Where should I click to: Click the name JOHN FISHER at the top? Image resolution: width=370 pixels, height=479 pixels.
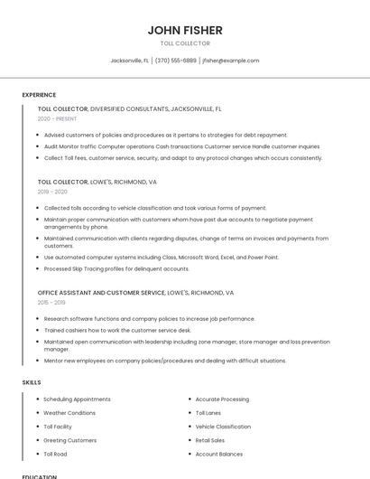pyautogui.click(x=185, y=31)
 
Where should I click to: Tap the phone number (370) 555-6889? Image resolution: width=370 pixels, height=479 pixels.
pyautogui.click(x=175, y=61)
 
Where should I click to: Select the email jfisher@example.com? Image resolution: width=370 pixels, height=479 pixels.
pyautogui.click(x=230, y=61)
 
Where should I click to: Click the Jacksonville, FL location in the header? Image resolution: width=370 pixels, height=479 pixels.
pyautogui.click(x=129, y=61)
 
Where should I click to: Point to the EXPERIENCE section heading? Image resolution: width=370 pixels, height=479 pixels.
pyautogui.click(x=39, y=95)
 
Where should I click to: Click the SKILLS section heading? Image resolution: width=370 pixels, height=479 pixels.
pyautogui.click(x=32, y=382)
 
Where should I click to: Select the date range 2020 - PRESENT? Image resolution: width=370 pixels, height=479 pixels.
pyautogui.click(x=57, y=118)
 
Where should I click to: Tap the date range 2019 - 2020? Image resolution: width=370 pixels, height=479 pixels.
pyautogui.click(x=52, y=192)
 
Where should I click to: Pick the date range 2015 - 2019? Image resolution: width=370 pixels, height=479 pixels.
pyautogui.click(x=52, y=303)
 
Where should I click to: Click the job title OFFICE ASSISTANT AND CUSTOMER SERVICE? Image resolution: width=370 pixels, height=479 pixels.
pyautogui.click(x=101, y=293)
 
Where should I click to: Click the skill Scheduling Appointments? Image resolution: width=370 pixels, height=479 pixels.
pyautogui.click(x=77, y=399)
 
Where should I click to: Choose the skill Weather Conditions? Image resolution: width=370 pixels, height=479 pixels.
pyautogui.click(x=69, y=413)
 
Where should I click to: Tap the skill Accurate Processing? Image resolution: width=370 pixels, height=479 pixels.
pyautogui.click(x=222, y=399)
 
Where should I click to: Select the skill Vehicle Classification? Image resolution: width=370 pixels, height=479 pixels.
pyautogui.click(x=223, y=427)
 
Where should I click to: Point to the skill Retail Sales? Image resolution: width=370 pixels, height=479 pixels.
pyautogui.click(x=210, y=440)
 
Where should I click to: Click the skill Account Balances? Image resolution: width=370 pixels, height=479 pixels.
pyautogui.click(x=219, y=454)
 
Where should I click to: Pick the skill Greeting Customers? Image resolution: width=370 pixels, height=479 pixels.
pyautogui.click(x=69, y=440)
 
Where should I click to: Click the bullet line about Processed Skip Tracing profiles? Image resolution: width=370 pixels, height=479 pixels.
pyautogui.click(x=116, y=268)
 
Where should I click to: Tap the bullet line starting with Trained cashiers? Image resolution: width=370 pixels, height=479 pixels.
pyautogui.click(x=117, y=330)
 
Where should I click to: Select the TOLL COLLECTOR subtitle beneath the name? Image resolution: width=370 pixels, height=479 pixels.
pyautogui.click(x=185, y=43)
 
